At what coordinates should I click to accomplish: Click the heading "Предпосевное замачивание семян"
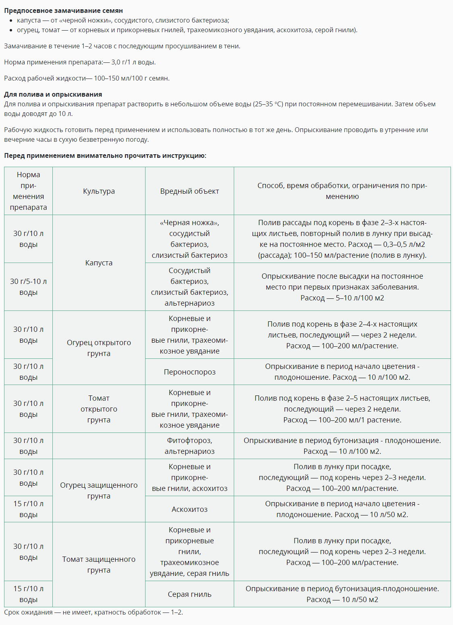pos(63,10)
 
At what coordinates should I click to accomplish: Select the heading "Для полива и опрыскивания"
pos(53,94)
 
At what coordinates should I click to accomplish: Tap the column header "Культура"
pos(99,191)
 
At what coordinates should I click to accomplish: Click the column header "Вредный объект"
pos(189,191)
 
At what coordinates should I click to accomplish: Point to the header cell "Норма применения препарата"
pos(28,191)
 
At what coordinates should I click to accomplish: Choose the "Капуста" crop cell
pos(99,263)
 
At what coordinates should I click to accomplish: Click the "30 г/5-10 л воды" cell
pos(28,287)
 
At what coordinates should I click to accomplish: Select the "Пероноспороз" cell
pos(189,372)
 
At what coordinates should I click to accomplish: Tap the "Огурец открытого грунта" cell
pos(99,348)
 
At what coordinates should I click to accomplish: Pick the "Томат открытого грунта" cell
pos(99,409)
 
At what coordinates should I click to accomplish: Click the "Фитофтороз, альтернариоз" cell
pos(189,446)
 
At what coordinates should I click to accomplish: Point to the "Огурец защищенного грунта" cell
pos(99,490)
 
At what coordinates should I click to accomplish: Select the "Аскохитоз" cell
pos(189,509)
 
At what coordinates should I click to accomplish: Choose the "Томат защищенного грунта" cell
pos(99,565)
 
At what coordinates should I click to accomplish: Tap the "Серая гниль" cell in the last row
pos(189,594)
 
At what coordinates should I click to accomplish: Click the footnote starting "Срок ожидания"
pos(94,613)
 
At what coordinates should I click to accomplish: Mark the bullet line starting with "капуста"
pos(123,20)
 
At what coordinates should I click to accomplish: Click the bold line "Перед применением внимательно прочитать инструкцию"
pos(105,155)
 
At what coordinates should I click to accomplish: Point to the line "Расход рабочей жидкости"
pos(87,78)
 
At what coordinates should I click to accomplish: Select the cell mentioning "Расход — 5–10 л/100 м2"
pos(342,287)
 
